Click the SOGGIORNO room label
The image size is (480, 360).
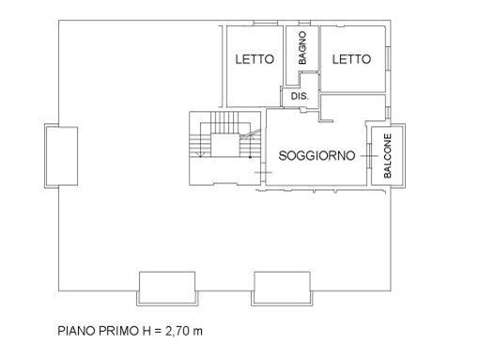pyautogui.click(x=317, y=156)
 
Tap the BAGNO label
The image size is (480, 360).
pyautogui.click(x=302, y=48)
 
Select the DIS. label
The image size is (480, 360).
pyautogui.click(x=300, y=96)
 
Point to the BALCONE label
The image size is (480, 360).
pyautogui.click(x=388, y=156)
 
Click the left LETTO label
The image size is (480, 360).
pyautogui.click(x=255, y=59)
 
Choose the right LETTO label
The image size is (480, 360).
pyautogui.click(x=351, y=59)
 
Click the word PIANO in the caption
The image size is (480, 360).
pyautogui.click(x=76, y=331)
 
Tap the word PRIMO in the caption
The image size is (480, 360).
pyautogui.click(x=119, y=331)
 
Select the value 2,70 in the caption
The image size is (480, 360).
pyautogui.click(x=178, y=331)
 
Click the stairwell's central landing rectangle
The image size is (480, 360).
pyautogui.click(x=225, y=145)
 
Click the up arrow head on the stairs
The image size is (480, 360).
pyautogui.click(x=250, y=136)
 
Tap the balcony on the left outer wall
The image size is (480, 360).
pyautogui.click(x=61, y=156)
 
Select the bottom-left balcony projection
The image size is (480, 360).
pyautogui.click(x=167, y=289)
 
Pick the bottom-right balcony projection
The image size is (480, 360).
pyautogui.click(x=282, y=289)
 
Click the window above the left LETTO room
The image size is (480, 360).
pyautogui.click(x=266, y=23)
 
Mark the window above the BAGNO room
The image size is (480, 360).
pyautogui.click(x=304, y=23)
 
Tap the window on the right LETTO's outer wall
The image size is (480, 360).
pyautogui.click(x=388, y=58)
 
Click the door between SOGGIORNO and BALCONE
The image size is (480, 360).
pyautogui.click(x=369, y=156)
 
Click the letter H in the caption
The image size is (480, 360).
pyautogui.click(x=147, y=331)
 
